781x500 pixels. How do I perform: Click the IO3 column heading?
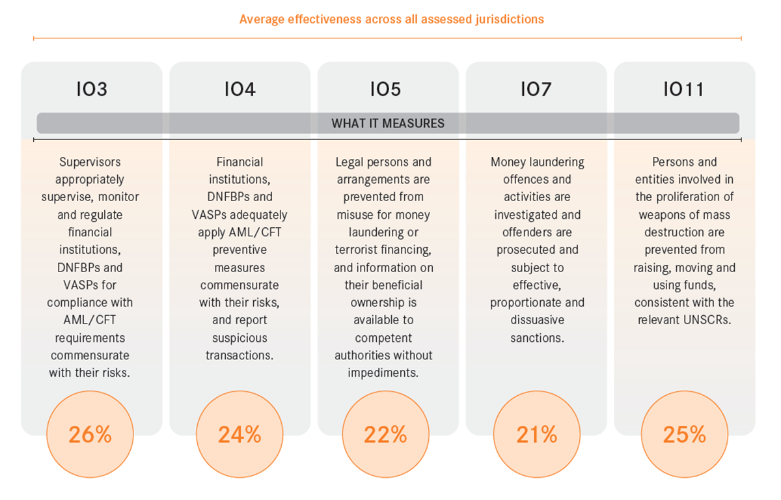90,89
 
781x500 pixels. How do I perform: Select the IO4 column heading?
240,89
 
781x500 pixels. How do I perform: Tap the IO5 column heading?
386,89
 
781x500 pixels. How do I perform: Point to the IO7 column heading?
536,89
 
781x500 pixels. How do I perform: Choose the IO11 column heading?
684,89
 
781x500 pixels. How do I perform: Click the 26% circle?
90,434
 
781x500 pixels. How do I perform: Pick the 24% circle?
240,434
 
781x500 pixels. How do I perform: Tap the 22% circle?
386,434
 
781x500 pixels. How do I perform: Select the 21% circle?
536,434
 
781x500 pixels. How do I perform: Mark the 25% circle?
684,434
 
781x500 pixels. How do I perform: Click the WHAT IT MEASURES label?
388,123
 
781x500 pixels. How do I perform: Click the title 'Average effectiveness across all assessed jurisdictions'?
391,19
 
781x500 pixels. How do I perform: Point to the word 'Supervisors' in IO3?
90,162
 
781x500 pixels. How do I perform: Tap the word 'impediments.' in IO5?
383,373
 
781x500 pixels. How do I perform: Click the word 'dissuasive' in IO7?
537,320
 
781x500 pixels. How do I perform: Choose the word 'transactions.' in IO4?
240,355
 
